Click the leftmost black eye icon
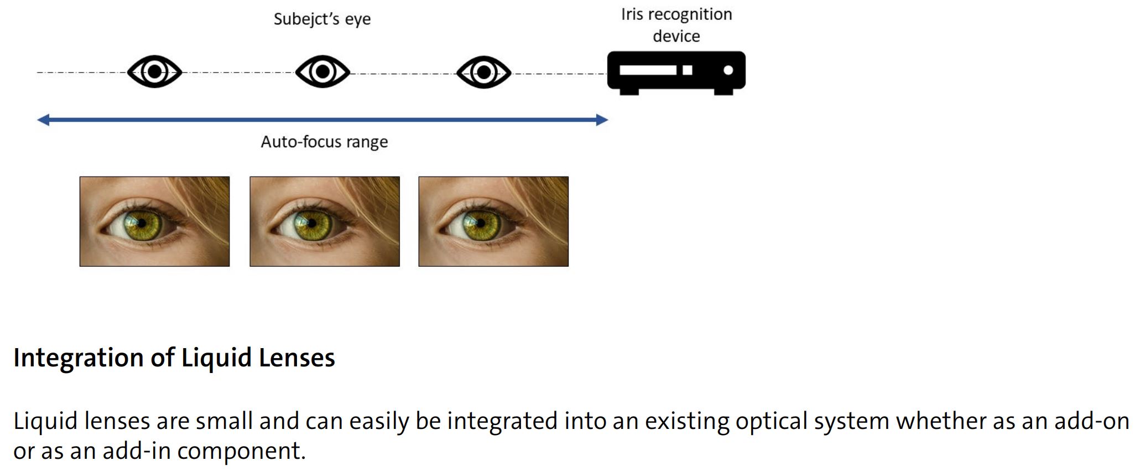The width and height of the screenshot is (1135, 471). [x=154, y=72]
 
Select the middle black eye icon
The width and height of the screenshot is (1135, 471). [x=322, y=72]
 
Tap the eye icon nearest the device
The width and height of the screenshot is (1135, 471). [x=483, y=72]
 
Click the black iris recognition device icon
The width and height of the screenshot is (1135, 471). [x=676, y=72]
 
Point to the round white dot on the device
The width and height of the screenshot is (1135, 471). [x=728, y=70]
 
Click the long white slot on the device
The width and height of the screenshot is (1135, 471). [x=648, y=70]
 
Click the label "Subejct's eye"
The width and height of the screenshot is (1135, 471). [x=322, y=19]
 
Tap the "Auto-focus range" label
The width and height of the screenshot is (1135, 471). [x=324, y=142]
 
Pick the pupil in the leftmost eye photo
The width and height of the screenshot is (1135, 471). [x=142, y=223]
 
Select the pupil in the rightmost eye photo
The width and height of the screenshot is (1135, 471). [x=480, y=223]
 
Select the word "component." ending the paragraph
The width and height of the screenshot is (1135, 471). [x=241, y=451]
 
